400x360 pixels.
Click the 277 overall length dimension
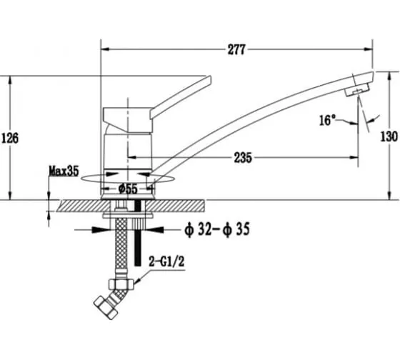click(236, 49)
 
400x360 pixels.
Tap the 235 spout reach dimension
click(243, 158)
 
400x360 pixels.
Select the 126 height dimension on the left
click(10, 139)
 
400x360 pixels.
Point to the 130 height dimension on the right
click(389, 136)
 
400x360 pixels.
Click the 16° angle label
click(328, 120)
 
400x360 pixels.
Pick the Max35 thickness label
click(64, 171)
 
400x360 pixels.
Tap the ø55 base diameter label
click(128, 189)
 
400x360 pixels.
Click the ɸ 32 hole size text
click(198, 229)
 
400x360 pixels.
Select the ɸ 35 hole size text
click(236, 229)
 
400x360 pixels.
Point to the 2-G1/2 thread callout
click(166, 261)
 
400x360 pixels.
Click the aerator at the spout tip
click(357, 89)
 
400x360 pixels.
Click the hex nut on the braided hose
click(121, 284)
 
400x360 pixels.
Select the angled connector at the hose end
click(106, 308)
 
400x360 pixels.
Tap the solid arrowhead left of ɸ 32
click(101, 229)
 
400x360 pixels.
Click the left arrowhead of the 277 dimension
click(106, 49)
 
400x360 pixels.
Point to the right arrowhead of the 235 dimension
click(354, 158)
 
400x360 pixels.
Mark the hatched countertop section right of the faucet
click(175, 206)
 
